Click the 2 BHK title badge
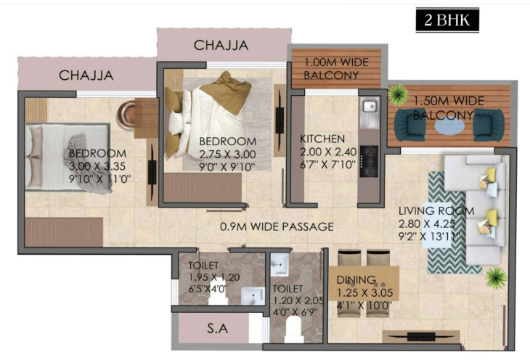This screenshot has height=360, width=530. (447, 20)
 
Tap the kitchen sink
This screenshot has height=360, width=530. (370, 113)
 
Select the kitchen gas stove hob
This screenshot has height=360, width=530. (369, 161)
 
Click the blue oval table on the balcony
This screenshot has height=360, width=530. (449, 126)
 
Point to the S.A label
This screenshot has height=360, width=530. (217, 328)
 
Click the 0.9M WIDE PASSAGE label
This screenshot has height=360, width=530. (277, 226)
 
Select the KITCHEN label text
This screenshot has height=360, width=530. (322, 139)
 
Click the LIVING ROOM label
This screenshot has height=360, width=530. (436, 211)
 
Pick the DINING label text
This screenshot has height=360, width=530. (356, 279)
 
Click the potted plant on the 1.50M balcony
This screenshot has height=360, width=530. (398, 94)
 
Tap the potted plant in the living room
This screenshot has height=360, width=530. (496, 278)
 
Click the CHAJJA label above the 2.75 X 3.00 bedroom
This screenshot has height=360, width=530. (221, 45)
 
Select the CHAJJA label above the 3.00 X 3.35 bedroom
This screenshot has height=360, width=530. (86, 75)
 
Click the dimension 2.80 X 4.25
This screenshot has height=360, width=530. (427, 224)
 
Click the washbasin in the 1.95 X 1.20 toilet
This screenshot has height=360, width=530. (253, 296)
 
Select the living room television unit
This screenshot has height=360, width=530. (421, 337)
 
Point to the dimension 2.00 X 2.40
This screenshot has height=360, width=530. (328, 152)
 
